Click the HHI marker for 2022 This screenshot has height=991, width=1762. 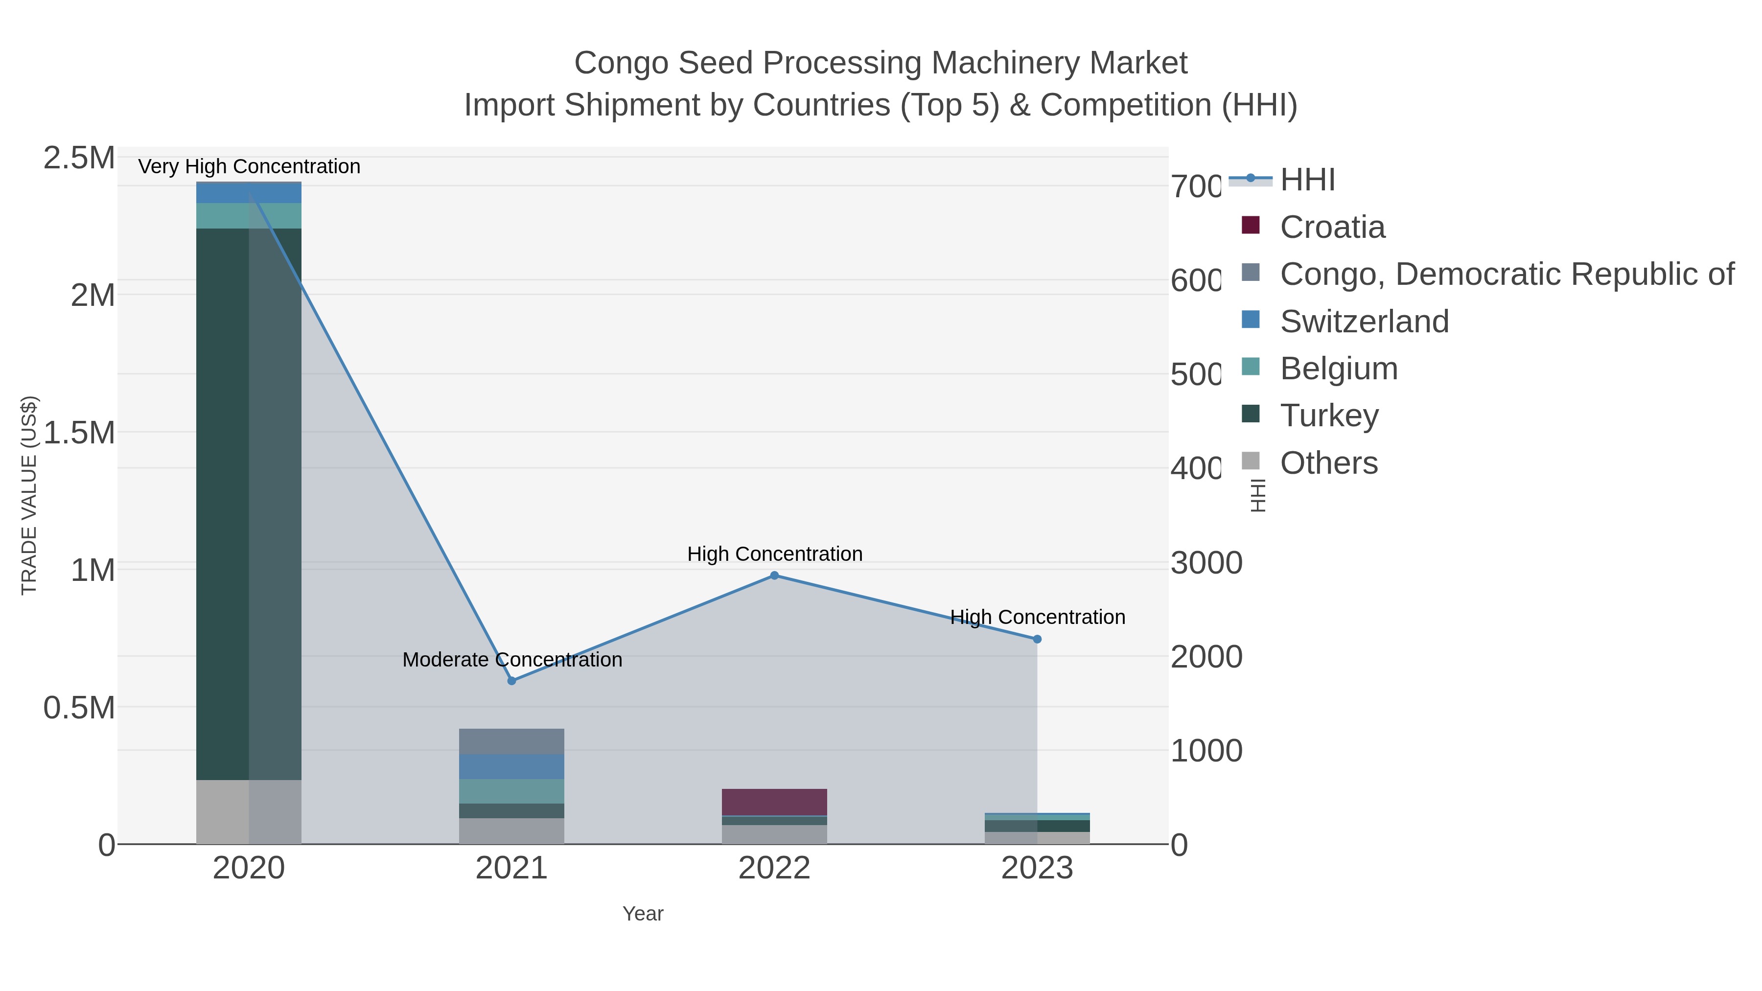[774, 576]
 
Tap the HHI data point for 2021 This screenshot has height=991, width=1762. [511, 681]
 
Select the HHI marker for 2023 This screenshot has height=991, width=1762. [1037, 640]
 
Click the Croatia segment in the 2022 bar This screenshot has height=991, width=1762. [774, 802]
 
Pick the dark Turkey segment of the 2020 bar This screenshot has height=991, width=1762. [222, 504]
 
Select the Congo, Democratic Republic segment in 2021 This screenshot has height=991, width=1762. [511, 741]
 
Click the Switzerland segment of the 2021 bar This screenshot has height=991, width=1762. [511, 767]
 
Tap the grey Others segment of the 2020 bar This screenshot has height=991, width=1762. [222, 812]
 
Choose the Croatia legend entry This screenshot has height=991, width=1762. [1332, 227]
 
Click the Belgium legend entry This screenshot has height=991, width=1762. [1339, 369]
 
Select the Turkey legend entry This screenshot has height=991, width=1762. [1329, 416]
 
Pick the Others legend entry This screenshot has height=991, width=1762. [1328, 463]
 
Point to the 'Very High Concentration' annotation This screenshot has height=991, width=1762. [249, 167]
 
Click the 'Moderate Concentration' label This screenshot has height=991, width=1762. [512, 660]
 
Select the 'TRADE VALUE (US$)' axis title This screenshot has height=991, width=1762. [29, 495]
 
